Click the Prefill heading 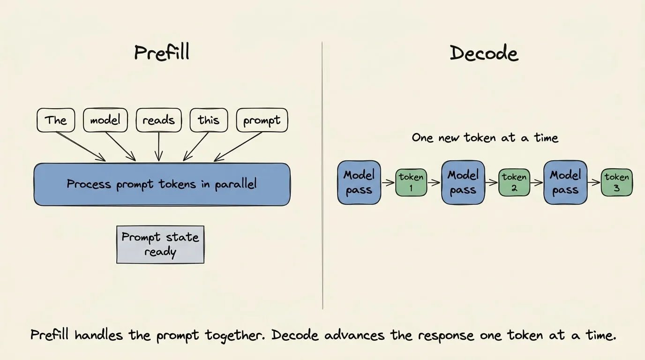coord(162,52)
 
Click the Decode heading coord(484,53)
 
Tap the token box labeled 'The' coord(56,120)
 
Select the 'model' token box coord(105,120)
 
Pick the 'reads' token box coord(158,120)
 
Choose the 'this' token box coord(209,120)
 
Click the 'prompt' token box coord(262,120)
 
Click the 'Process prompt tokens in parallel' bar coord(162,184)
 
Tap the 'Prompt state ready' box coord(160,245)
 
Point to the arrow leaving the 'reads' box coord(158,147)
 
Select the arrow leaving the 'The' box coord(81,147)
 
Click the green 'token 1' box coord(411,183)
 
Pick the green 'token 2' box coord(514,183)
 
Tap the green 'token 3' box coord(617,183)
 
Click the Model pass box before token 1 coord(359,183)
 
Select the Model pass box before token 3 coord(565,183)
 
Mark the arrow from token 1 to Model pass coord(434,182)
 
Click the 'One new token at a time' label coord(485,138)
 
